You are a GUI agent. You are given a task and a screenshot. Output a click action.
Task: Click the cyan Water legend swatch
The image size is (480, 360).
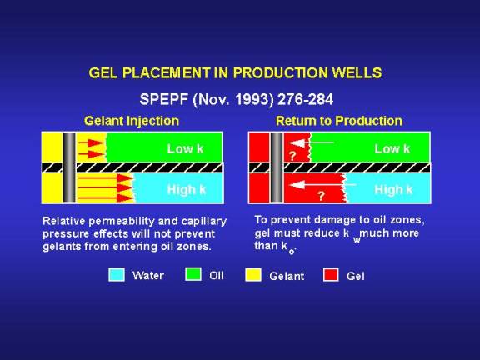click(117, 275)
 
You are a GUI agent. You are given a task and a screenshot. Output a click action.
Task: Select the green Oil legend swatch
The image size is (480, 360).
click(193, 274)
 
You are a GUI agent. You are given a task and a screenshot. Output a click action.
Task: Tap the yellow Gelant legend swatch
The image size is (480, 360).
click(253, 275)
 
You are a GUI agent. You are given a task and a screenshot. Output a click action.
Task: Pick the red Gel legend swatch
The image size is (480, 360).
click(331, 275)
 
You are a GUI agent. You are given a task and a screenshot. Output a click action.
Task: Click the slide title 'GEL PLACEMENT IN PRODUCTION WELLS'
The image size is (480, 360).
click(235, 73)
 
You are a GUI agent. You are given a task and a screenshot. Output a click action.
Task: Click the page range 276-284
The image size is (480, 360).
click(306, 99)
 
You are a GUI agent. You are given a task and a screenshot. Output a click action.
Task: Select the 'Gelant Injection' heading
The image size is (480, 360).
click(132, 121)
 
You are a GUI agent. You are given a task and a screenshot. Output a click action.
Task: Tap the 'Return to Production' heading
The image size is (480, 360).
click(339, 121)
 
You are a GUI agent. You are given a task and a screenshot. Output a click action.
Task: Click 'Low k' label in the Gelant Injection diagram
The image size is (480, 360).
click(185, 149)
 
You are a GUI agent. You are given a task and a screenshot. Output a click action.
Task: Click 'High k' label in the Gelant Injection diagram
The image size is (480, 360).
click(187, 190)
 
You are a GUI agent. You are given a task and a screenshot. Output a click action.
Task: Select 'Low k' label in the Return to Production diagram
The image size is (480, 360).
click(392, 149)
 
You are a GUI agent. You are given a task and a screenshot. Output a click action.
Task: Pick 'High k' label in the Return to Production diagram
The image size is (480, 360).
click(393, 190)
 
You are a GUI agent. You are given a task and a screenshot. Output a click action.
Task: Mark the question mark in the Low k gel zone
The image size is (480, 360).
click(292, 156)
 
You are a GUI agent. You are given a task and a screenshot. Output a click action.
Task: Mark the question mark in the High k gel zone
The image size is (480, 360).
click(321, 196)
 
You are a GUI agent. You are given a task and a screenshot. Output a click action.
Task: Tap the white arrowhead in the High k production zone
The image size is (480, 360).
click(297, 185)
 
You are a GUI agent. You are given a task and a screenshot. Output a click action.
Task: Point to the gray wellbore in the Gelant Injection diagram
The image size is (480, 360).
click(69, 167)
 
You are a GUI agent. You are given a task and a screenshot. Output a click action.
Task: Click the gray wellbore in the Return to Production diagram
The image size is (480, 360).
click(277, 167)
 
